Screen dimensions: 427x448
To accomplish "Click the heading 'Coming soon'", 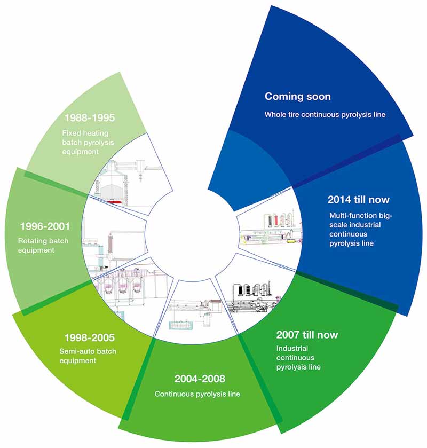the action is pyautogui.click(x=298, y=96).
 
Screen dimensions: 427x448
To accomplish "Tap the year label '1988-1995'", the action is pyautogui.click(x=90, y=117).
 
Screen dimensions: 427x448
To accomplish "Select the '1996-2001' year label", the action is pyautogui.click(x=45, y=226).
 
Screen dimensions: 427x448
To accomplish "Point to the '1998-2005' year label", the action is pyautogui.click(x=89, y=337).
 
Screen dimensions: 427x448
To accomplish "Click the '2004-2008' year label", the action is pyautogui.click(x=200, y=379).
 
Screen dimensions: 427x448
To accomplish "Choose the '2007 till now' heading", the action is pyautogui.click(x=307, y=335).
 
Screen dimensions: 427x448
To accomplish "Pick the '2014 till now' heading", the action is pyautogui.click(x=359, y=199).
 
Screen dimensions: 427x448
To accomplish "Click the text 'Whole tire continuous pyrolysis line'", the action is pyautogui.click(x=325, y=115).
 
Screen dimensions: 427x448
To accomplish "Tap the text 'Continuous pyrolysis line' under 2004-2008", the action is pyautogui.click(x=197, y=394).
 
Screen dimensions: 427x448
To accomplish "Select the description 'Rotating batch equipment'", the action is pyautogui.click(x=43, y=246).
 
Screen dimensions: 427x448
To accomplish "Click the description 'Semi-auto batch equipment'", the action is pyautogui.click(x=88, y=356).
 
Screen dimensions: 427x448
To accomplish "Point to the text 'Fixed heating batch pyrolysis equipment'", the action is pyautogui.click(x=88, y=142).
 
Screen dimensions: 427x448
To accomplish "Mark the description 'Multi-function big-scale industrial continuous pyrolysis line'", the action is pyautogui.click(x=361, y=229).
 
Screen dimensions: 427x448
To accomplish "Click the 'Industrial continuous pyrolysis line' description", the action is pyautogui.click(x=298, y=357).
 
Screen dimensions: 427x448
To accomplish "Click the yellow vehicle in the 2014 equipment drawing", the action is pyautogui.click(x=291, y=241).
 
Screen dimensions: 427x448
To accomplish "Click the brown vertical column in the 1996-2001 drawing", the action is pyautogui.click(x=110, y=243).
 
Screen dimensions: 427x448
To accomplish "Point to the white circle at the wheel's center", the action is pyautogui.click(x=192, y=233).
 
